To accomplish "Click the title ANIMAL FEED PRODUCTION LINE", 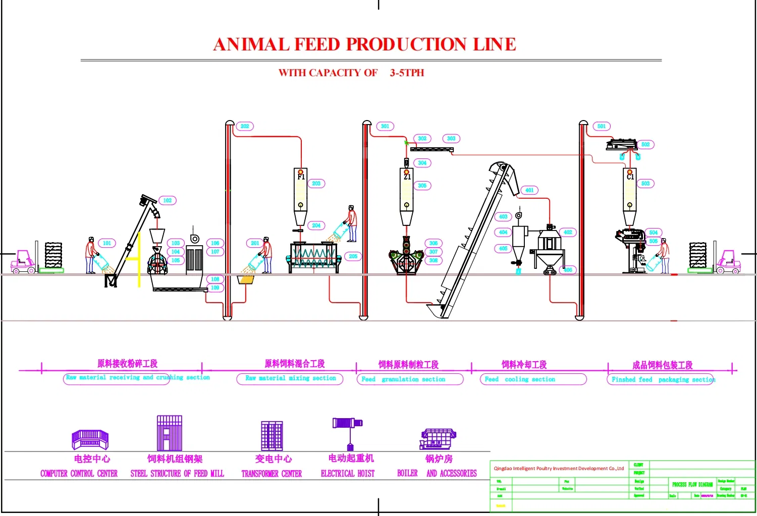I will click(364, 44).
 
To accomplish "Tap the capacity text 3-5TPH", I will click(407, 73).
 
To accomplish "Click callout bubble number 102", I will click(167, 200).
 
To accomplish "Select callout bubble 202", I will click(245, 126).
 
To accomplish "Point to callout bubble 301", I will click(385, 126).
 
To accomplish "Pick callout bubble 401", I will click(529, 190).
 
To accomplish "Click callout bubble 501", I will click(602, 126).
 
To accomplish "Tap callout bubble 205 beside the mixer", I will click(353, 256).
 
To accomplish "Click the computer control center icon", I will click(90, 439).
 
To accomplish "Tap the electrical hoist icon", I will click(348, 432).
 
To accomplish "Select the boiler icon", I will click(438, 438).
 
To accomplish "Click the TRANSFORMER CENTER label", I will click(272, 474).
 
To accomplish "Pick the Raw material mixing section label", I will click(291, 378).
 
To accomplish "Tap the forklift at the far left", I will click(24, 262).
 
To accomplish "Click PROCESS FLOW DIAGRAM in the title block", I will click(692, 484).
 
